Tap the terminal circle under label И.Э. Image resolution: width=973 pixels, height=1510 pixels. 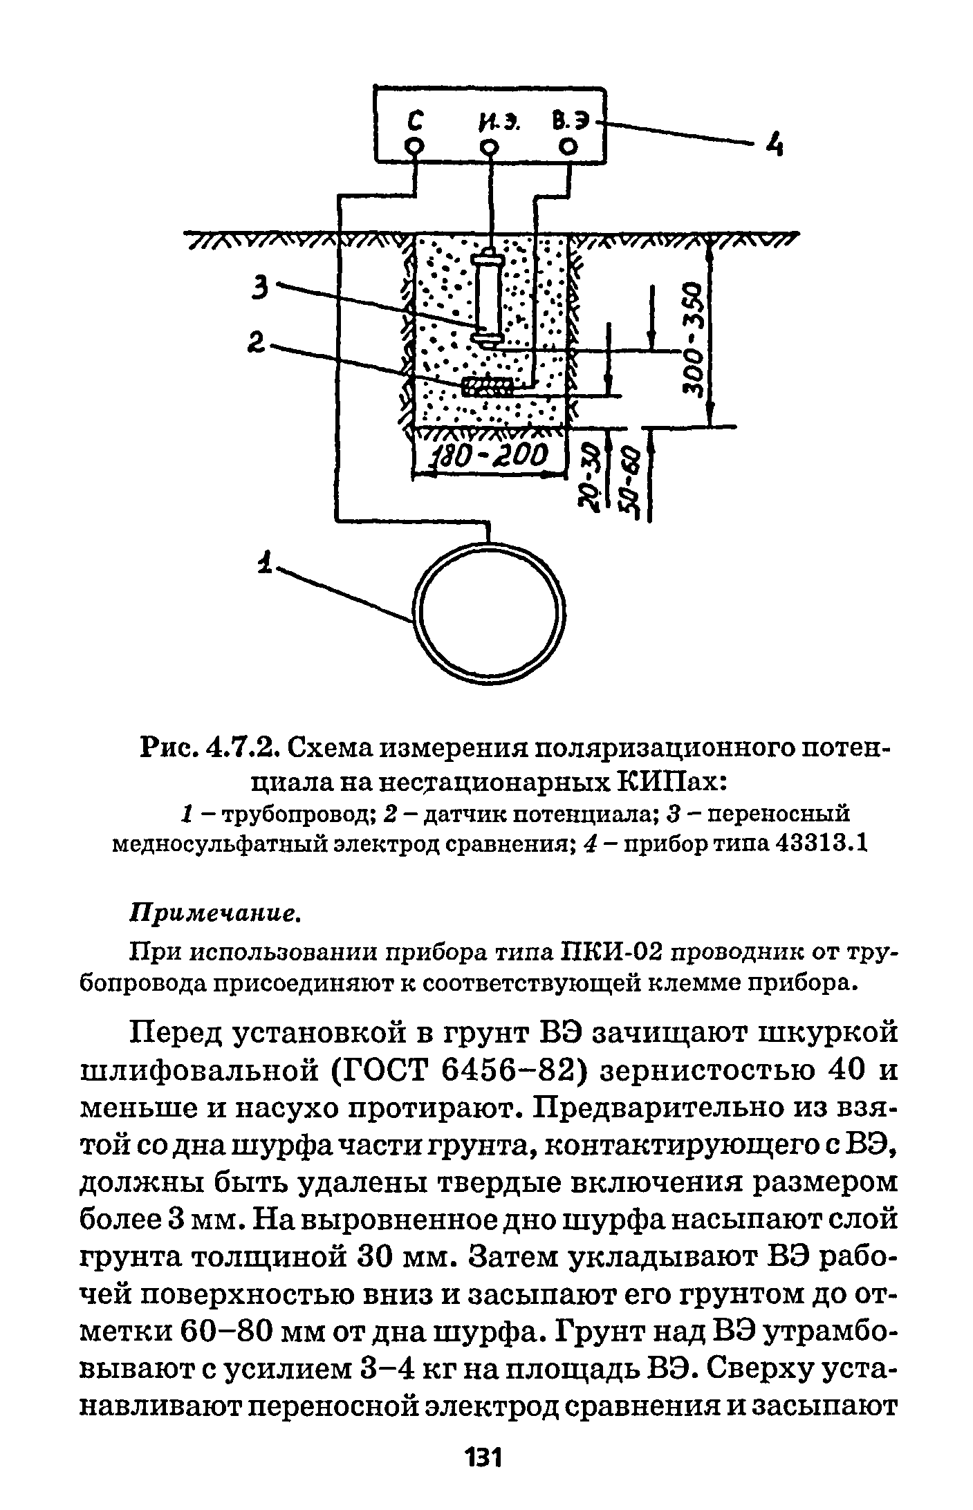(490, 147)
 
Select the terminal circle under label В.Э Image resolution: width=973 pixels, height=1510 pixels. (568, 147)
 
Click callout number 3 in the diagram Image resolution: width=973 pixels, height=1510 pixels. (260, 286)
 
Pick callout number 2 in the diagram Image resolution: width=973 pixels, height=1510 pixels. (257, 343)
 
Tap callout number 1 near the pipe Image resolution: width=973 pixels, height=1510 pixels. (263, 561)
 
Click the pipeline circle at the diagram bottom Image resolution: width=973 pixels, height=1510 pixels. (488, 614)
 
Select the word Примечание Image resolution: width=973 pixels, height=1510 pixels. (214, 915)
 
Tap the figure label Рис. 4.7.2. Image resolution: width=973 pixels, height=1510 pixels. (209, 747)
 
